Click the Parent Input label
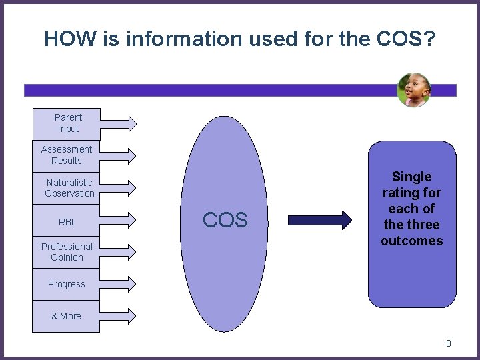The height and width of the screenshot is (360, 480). coord(68,123)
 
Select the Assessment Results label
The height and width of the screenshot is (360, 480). coord(67,155)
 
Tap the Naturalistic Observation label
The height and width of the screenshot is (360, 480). coord(69,188)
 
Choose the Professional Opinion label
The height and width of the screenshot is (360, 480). coord(67,252)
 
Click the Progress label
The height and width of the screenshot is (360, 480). coord(67,284)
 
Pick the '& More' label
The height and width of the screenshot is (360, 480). coord(66,316)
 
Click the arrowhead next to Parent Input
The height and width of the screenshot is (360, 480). coord(131,123)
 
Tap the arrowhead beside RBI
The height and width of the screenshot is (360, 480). coord(131,220)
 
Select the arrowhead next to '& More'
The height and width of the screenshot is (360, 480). coord(131,316)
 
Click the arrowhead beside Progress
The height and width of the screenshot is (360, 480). coord(131,284)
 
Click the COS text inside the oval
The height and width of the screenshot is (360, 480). coord(225,220)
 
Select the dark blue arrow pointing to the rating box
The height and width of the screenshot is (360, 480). coord(319,220)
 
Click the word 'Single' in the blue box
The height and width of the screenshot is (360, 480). coord(412,177)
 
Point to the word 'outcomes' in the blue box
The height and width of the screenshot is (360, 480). coord(412,241)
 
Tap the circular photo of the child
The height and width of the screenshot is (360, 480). coord(413,90)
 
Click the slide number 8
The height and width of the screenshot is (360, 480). coord(449,343)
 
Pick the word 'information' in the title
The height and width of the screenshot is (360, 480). coord(173,39)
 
